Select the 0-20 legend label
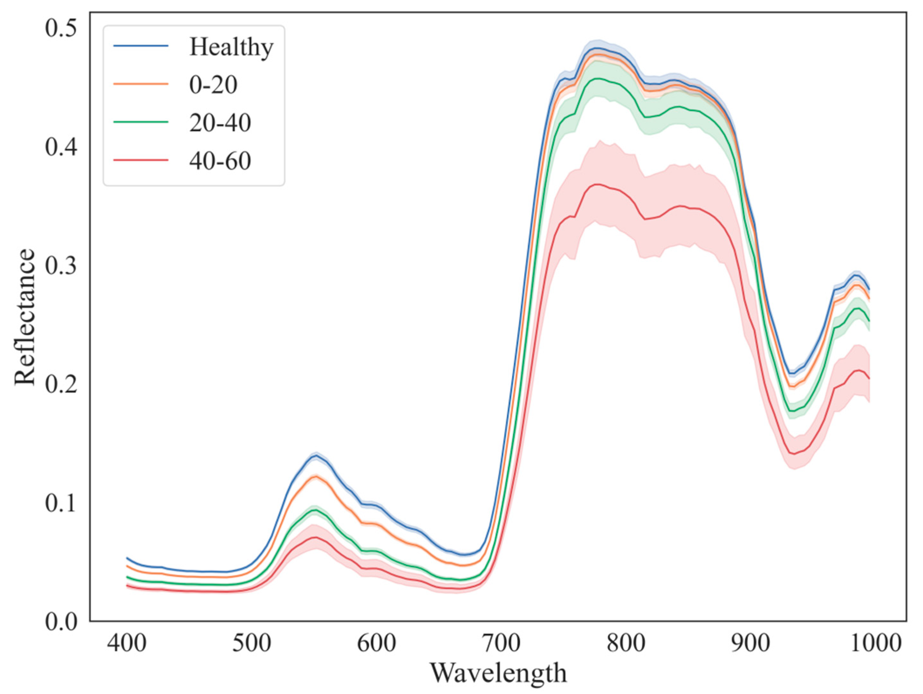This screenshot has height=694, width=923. tap(213, 85)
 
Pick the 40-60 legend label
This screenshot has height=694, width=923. tap(220, 161)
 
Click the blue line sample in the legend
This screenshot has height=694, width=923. tap(141, 45)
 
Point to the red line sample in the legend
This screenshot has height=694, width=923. tap(141, 160)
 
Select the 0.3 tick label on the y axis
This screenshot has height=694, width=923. tap(61, 266)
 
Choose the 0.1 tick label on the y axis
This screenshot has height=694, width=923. tap(61, 503)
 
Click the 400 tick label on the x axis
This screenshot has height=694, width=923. tap(126, 643)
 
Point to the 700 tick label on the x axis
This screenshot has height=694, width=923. tap(501, 643)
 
